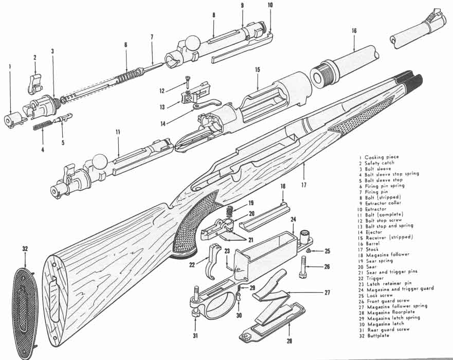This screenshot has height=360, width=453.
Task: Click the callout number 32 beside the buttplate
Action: [x=25, y=248]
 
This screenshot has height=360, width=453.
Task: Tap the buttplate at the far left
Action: [x=23, y=305]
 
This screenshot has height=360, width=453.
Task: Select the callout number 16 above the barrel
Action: [x=354, y=31]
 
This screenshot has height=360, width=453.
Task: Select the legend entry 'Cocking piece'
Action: [x=382, y=157]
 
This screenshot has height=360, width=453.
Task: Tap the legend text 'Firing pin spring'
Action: [x=385, y=186]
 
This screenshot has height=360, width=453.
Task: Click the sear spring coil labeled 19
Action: [x=230, y=210]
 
